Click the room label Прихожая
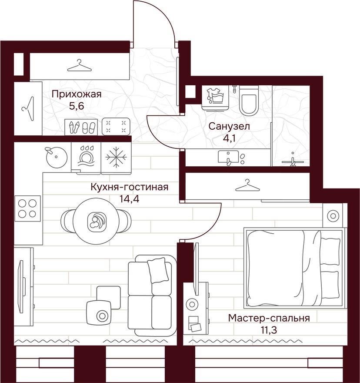pyautogui.click(x=76, y=94)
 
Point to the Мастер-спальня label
pyautogui.click(x=269, y=318)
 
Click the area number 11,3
pyautogui.click(x=269, y=329)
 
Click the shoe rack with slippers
pyautogui.click(x=82, y=127)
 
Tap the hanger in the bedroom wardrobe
pyautogui.click(x=247, y=186)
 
